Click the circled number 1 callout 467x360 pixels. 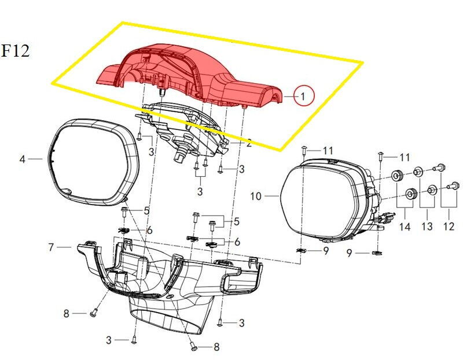tap(303, 96)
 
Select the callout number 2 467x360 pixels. tap(248, 143)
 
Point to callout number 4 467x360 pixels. tap(23, 159)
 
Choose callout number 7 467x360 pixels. tap(51, 247)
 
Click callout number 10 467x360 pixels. tap(256, 196)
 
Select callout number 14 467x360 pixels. tap(405, 227)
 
